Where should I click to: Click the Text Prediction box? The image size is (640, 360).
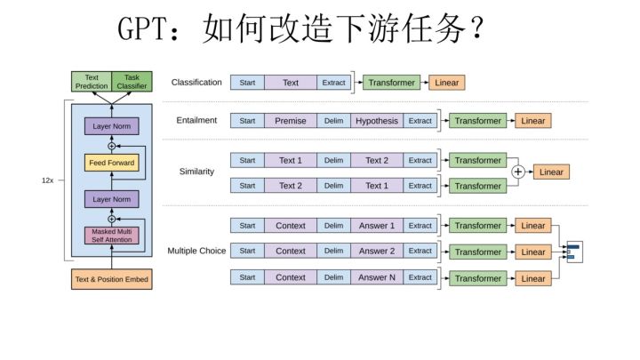pyautogui.click(x=92, y=82)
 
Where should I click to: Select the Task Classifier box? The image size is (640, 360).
pyautogui.click(x=132, y=82)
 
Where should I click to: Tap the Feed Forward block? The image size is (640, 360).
pyautogui.click(x=111, y=163)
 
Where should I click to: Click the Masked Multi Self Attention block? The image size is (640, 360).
pyautogui.click(x=111, y=236)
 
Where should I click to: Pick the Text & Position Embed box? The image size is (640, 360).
pyautogui.click(x=112, y=280)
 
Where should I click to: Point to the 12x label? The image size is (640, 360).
pyautogui.click(x=48, y=180)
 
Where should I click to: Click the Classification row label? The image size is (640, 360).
pyautogui.click(x=196, y=83)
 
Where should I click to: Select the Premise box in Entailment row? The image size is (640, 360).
pyautogui.click(x=290, y=121)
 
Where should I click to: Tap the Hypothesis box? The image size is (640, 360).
pyautogui.click(x=377, y=121)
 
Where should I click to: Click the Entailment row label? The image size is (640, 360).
pyautogui.click(x=196, y=121)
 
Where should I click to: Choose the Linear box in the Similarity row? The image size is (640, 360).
pyautogui.click(x=551, y=172)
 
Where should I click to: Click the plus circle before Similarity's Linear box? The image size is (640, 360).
pyautogui.click(x=518, y=172)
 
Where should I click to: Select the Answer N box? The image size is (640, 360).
pyautogui.click(x=377, y=277)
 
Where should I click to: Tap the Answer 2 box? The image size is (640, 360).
pyautogui.click(x=377, y=252)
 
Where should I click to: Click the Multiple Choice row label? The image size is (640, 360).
pyautogui.click(x=196, y=252)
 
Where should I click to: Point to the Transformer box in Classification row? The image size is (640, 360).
pyautogui.click(x=391, y=83)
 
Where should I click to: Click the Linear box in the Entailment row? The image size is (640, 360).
pyautogui.click(x=533, y=121)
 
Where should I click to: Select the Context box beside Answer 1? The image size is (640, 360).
pyautogui.click(x=290, y=226)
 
